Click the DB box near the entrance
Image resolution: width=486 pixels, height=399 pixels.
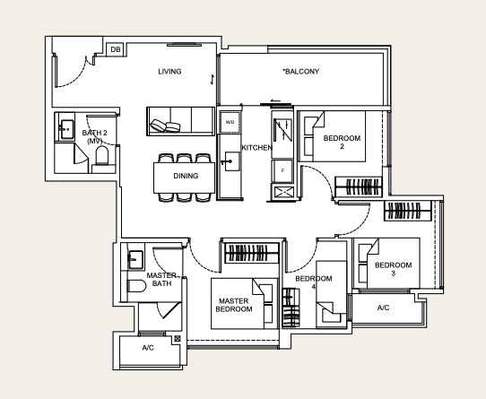coord(116,49)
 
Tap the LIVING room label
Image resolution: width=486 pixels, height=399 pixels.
coord(169,72)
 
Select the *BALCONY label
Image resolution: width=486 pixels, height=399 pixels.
coord(300,72)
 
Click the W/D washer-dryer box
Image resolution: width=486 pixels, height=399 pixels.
coord(230,122)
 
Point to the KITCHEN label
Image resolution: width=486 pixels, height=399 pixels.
coord(257,148)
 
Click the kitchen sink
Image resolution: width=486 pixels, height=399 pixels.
coord(231,161)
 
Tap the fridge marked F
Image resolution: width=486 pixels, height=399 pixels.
coord(282,171)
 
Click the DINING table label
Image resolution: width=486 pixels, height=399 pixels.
coord(186,176)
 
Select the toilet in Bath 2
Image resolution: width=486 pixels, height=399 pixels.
coord(102,155)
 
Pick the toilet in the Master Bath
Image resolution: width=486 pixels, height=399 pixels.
coord(136,286)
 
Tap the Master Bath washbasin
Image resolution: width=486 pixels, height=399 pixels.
coord(135,259)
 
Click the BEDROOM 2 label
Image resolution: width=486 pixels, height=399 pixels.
coord(342,142)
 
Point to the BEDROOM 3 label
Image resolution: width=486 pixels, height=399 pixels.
coord(393,269)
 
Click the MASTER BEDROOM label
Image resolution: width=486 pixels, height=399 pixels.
coord(234,305)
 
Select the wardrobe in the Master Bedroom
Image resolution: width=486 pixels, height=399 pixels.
coord(251,253)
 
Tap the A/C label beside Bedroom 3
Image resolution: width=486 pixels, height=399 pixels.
coord(383,308)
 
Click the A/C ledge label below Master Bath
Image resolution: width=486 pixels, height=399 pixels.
coord(148,348)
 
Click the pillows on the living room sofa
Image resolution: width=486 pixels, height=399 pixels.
coord(165,126)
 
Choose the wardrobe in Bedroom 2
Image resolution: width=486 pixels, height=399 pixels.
coord(359,186)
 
